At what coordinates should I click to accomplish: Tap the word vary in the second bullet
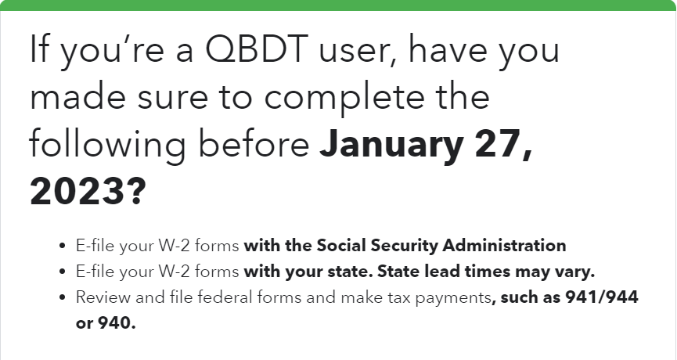[576, 272]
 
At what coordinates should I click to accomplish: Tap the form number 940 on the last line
[116, 323]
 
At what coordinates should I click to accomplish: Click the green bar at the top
[338, 5]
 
